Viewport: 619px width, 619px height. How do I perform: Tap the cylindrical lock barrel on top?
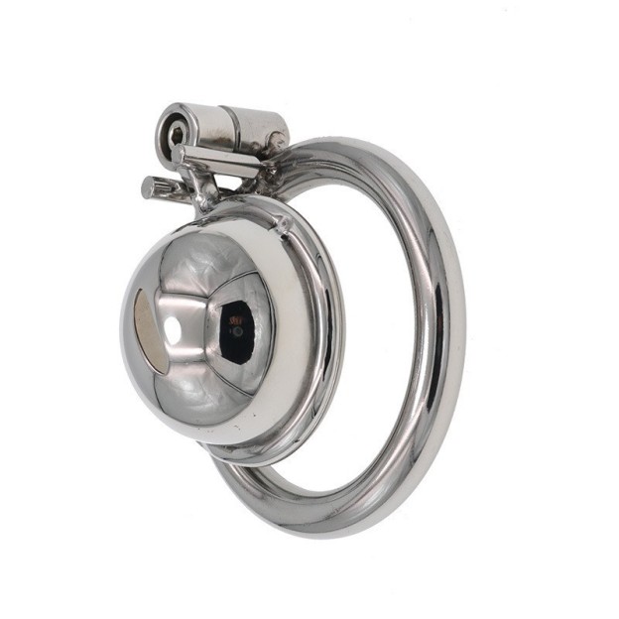(213, 128)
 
